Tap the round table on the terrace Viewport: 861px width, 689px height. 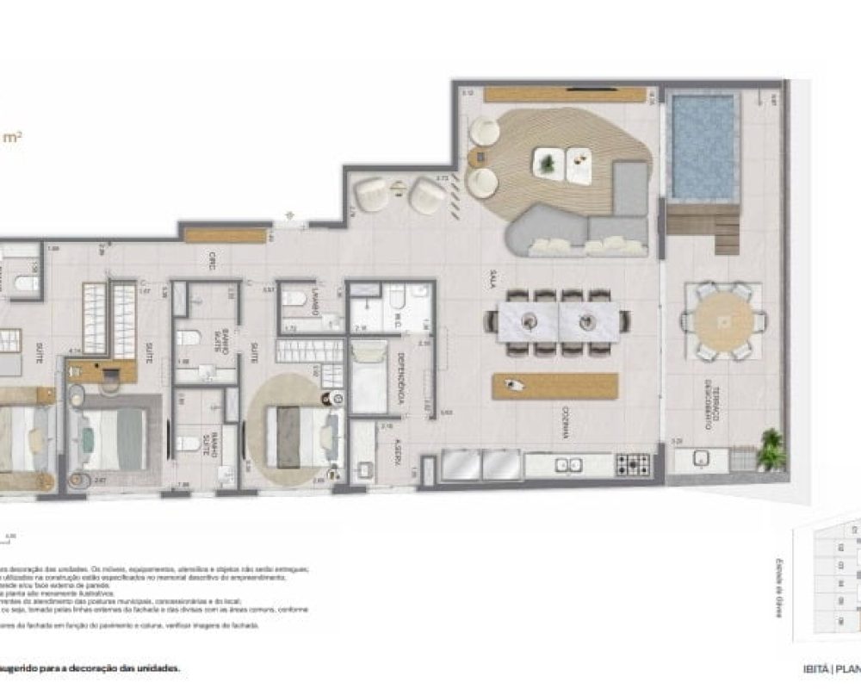pos(722,321)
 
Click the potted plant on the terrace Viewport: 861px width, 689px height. pos(771,450)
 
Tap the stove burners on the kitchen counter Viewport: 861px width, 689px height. pos(633,465)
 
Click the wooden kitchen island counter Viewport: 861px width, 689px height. pos(555,386)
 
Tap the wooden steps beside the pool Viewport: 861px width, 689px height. pos(703,226)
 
